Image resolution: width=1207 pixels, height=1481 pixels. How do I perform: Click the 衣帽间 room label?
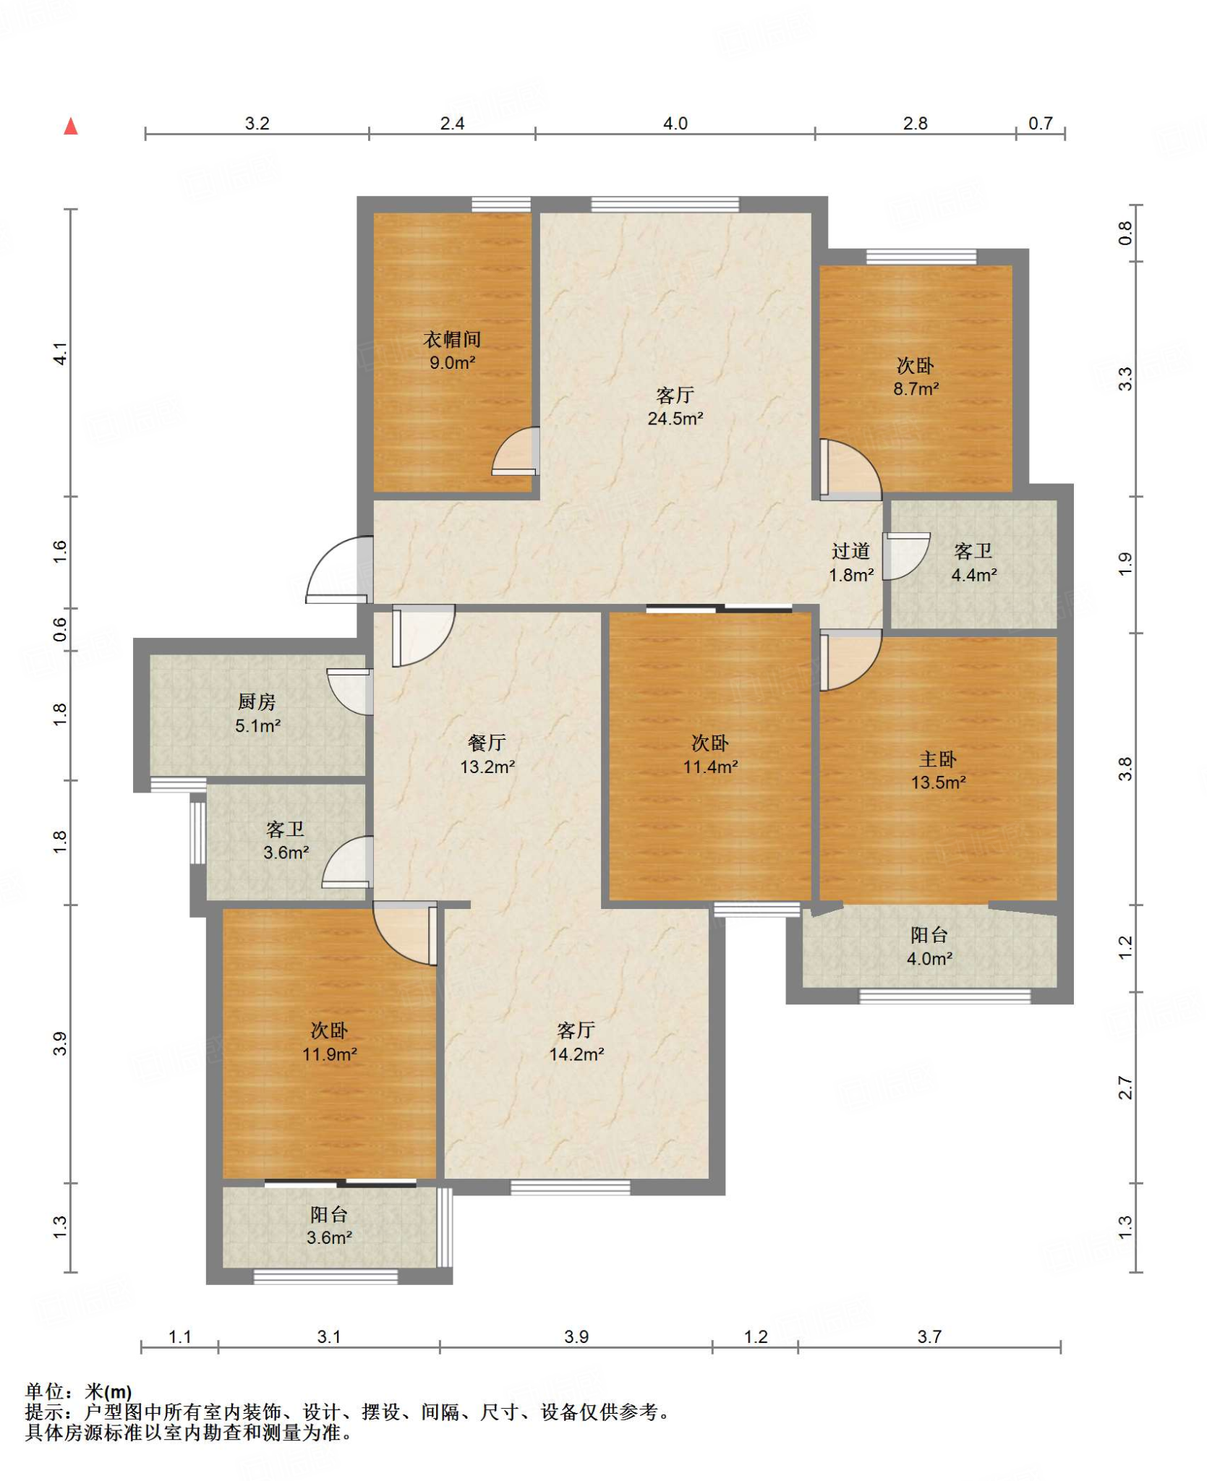click(x=452, y=338)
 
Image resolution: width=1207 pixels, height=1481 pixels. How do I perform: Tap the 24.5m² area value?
click(x=675, y=419)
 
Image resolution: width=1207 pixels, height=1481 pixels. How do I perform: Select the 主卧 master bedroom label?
click(x=938, y=759)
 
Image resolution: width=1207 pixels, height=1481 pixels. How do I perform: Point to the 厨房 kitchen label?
click(x=257, y=701)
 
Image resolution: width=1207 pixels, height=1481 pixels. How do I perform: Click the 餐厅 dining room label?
click(x=487, y=742)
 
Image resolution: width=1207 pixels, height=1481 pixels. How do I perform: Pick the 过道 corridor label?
click(x=850, y=551)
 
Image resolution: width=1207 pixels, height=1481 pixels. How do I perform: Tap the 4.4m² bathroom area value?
click(x=974, y=575)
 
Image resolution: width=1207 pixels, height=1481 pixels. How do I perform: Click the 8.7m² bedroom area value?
click(x=916, y=388)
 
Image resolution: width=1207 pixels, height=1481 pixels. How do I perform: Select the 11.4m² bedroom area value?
click(x=711, y=767)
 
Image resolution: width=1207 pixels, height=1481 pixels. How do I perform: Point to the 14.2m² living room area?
click(x=576, y=1054)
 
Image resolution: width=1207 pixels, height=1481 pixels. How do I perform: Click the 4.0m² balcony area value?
click(x=929, y=959)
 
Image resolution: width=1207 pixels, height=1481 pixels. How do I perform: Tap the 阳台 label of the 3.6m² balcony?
click(x=329, y=1214)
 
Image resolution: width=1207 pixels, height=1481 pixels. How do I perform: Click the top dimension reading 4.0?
click(x=675, y=124)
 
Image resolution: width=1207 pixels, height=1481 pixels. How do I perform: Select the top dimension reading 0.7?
click(x=1041, y=124)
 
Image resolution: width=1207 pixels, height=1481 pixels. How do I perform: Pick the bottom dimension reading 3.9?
click(x=576, y=1336)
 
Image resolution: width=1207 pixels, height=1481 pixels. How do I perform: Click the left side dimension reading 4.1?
click(x=61, y=353)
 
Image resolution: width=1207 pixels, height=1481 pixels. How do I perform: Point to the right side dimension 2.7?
click(x=1125, y=1088)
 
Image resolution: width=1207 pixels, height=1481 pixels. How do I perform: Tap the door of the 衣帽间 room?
click(x=516, y=451)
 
